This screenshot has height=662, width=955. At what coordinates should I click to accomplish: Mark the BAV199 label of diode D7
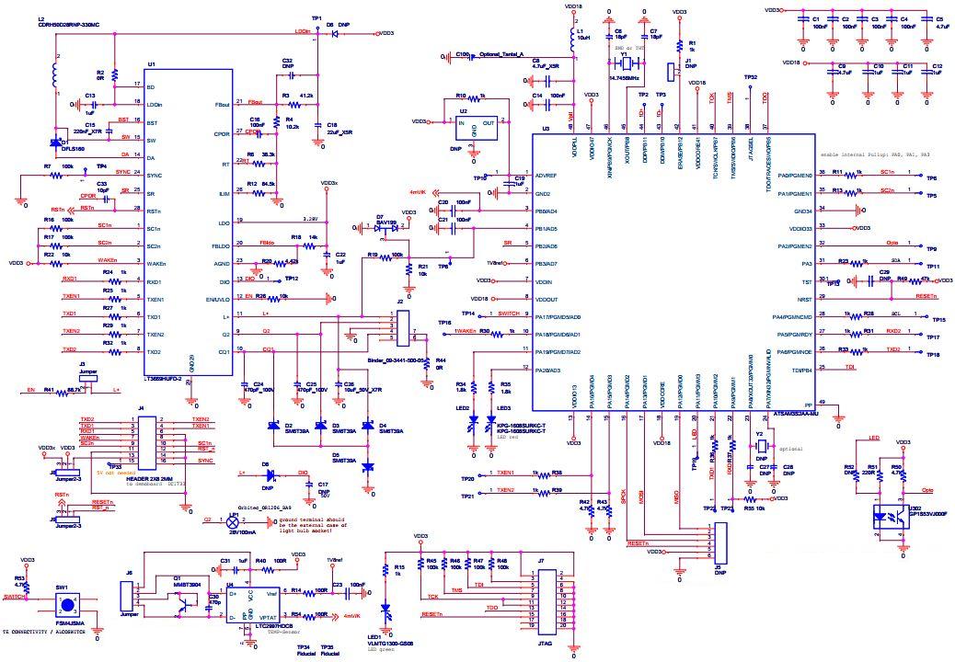[387, 222]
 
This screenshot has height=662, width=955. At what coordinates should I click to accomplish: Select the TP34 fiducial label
[304, 647]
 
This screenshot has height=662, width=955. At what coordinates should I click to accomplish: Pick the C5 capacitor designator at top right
[938, 18]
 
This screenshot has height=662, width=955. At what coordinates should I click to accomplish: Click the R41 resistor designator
[49, 390]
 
